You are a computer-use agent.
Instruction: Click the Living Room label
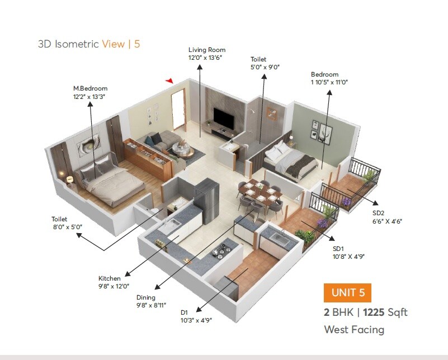(x=206, y=50)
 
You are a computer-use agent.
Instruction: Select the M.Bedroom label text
(x=90, y=88)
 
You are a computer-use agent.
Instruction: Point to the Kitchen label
(x=110, y=278)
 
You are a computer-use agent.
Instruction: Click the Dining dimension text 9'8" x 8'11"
(x=152, y=305)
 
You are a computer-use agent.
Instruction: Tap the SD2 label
(x=379, y=213)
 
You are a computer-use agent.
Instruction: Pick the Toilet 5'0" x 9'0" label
(x=258, y=59)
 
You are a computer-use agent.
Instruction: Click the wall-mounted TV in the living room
(x=224, y=119)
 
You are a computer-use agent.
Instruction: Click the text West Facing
(x=354, y=329)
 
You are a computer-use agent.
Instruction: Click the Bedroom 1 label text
(x=324, y=74)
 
